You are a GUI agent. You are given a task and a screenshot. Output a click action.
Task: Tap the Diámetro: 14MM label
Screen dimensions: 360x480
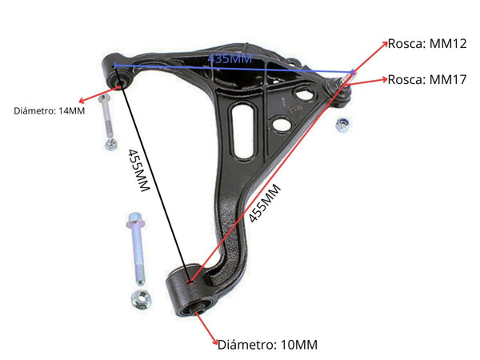coord(49,110)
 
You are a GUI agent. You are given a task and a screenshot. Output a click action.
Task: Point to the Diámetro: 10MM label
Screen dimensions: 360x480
coord(268,345)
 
